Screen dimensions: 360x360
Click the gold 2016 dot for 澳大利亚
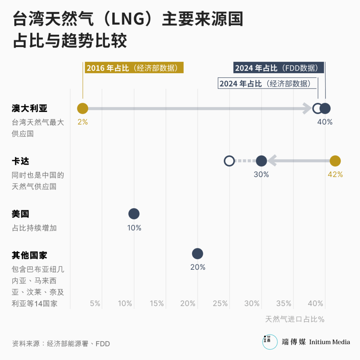(83, 109)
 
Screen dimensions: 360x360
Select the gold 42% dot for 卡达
(335, 161)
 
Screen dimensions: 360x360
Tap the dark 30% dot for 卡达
(261, 161)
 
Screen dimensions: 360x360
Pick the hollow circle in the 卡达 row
(229, 161)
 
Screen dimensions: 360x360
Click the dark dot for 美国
(134, 214)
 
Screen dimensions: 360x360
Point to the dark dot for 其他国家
(198, 253)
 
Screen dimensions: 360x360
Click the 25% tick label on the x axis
(220, 303)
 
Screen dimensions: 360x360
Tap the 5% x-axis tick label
(95, 303)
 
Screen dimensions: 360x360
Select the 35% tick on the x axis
(284, 303)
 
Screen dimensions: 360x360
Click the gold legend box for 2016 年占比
(134, 68)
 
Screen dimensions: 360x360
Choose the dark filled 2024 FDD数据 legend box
(278, 68)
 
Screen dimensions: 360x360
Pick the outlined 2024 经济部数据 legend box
(268, 84)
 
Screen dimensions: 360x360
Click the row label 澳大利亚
(30, 108)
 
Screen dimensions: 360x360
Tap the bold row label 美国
(20, 214)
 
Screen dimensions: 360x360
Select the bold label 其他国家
(30, 255)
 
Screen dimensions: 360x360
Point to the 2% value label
(83, 122)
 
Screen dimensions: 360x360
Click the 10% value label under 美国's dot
(134, 228)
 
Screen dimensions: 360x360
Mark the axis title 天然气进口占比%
(295, 319)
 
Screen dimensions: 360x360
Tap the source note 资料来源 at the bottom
(61, 343)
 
